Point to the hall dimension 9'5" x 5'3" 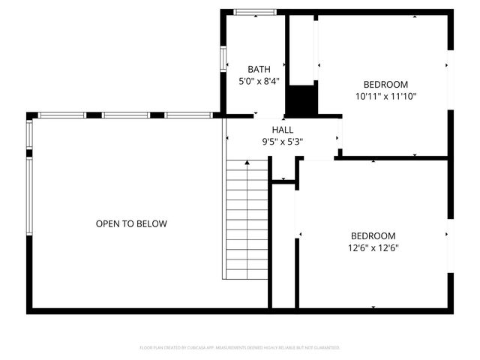click(x=283, y=141)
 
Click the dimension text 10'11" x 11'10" click(x=385, y=96)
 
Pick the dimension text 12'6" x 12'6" click(x=372, y=247)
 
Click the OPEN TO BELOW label click(x=131, y=223)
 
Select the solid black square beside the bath click(x=302, y=100)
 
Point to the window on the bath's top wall click(x=253, y=12)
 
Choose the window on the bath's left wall click(x=222, y=59)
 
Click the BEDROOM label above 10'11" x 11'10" click(x=385, y=84)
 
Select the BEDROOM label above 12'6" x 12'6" click(x=372, y=235)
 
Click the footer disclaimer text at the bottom click(x=240, y=348)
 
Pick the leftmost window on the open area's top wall click(x=62, y=115)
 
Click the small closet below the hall click(x=283, y=171)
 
